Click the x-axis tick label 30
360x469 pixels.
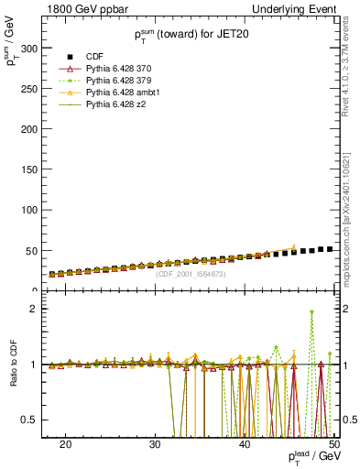click(x=155, y=444)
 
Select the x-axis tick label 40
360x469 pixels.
click(x=245, y=444)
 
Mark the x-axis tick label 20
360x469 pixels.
click(x=65, y=444)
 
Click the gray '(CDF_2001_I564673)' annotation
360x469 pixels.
click(x=192, y=274)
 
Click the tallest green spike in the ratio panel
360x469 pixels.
click(x=312, y=312)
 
